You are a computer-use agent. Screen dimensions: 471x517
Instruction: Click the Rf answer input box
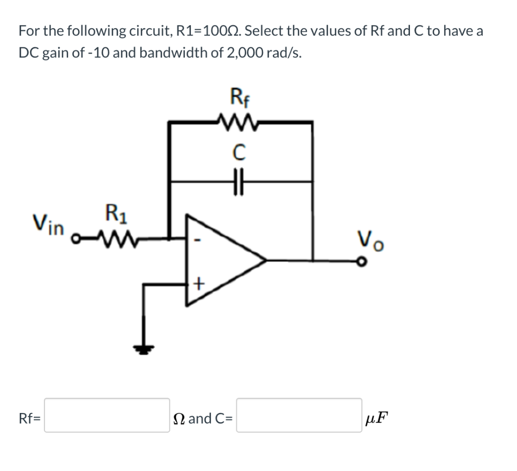(107, 415)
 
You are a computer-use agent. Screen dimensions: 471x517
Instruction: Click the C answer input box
(299, 415)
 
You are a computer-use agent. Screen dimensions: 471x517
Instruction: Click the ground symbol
(145, 348)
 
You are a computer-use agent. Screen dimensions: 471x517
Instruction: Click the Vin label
(48, 224)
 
